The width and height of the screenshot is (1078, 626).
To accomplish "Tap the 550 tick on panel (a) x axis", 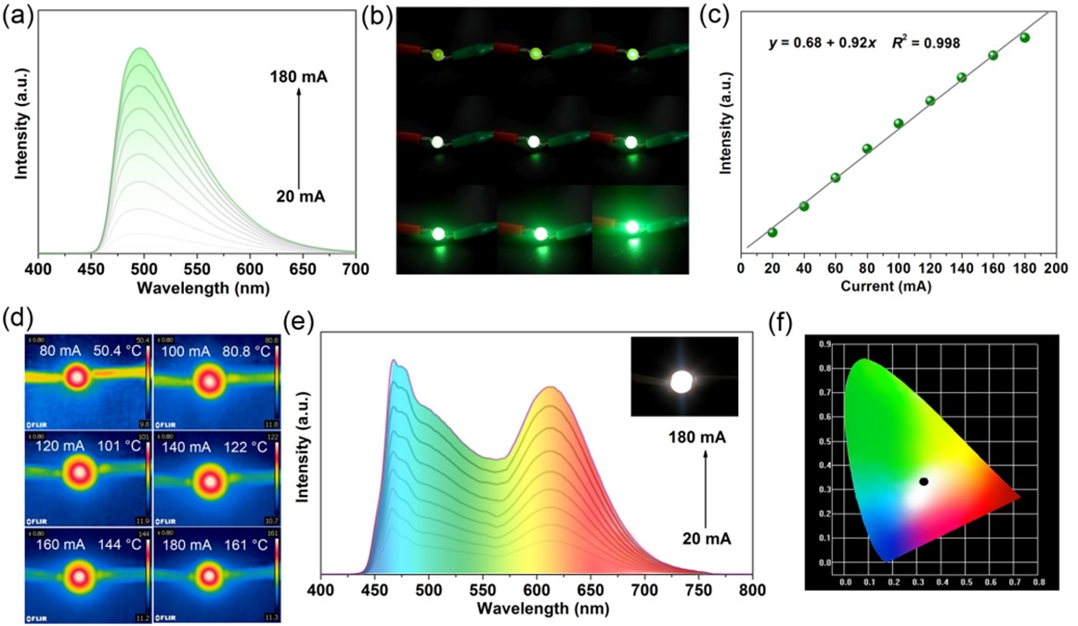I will pyautogui.click(x=196, y=267).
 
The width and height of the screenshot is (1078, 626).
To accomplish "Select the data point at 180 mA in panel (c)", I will pyautogui.click(x=1025, y=38).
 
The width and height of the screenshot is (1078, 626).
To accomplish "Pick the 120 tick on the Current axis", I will pyautogui.click(x=929, y=268).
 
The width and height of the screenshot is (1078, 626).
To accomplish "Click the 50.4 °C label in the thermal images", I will pyautogui.click(x=114, y=353).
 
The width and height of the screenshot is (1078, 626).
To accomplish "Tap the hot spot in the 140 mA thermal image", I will pyautogui.click(x=210, y=479).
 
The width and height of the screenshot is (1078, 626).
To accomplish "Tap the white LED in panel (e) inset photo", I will pyautogui.click(x=682, y=382).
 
